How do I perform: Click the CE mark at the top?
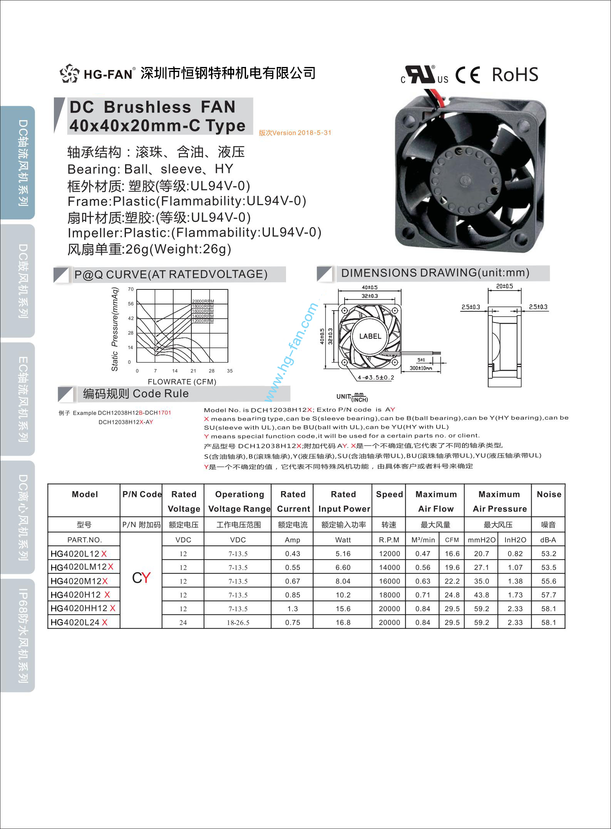pos(468,75)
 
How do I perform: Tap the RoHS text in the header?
pos(515,75)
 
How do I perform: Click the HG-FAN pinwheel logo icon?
pos(70,73)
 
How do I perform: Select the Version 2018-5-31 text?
pos(295,133)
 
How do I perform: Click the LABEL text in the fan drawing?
pos(370,336)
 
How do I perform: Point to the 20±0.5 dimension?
pos(504,286)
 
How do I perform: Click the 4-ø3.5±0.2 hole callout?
pos(376,378)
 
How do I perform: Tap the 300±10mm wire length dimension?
pos(420,368)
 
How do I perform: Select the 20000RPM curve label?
pos(203,301)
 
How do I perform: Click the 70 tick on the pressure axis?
pos(131,289)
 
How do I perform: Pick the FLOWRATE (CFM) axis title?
pos(182,382)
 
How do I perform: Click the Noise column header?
pos(549,494)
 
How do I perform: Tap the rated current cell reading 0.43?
pos(293,554)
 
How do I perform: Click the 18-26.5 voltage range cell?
pos(238,622)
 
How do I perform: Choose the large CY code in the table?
pos(141,578)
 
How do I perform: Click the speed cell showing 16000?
pos(389,581)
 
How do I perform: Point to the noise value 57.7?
pos(548,595)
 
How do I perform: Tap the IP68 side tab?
pos(23,635)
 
